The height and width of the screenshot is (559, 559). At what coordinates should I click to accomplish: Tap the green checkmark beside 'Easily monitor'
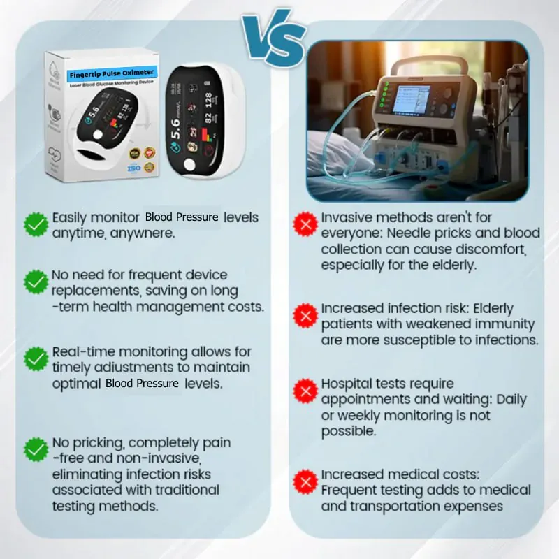[36, 224]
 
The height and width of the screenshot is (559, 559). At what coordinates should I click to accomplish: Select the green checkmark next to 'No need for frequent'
[36, 282]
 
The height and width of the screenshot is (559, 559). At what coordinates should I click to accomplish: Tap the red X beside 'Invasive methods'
[305, 225]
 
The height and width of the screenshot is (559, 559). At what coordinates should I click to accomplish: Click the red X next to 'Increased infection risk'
[305, 316]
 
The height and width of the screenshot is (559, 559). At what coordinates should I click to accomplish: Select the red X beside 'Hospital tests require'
[305, 391]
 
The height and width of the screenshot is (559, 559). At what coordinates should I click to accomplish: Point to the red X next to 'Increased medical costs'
[305, 481]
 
